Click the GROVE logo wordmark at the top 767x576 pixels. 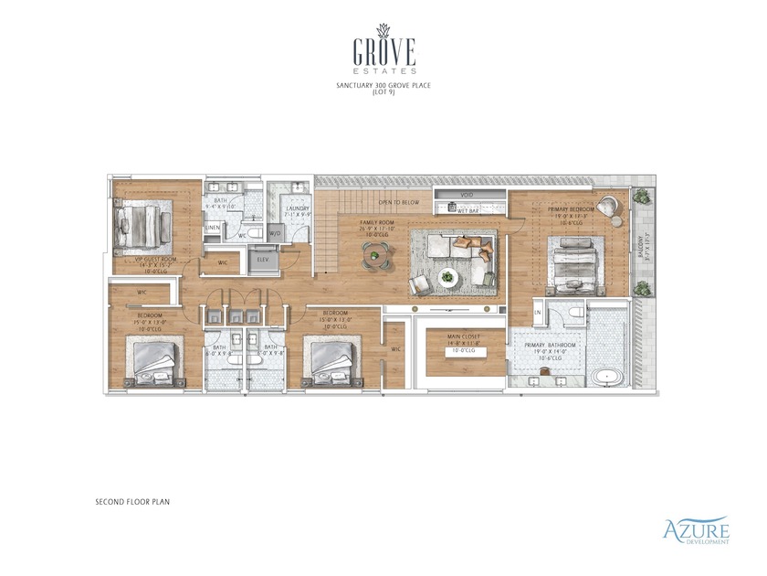383,49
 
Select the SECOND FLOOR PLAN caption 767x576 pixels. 132,502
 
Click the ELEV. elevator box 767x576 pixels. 263,260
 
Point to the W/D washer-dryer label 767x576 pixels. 275,234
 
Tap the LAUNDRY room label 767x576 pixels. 297,208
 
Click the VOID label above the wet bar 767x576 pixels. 467,194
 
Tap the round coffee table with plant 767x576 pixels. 447,275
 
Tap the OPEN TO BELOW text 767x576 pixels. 398,202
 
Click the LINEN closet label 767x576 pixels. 213,227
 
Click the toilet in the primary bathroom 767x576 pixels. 573,314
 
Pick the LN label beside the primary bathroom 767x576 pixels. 538,313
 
